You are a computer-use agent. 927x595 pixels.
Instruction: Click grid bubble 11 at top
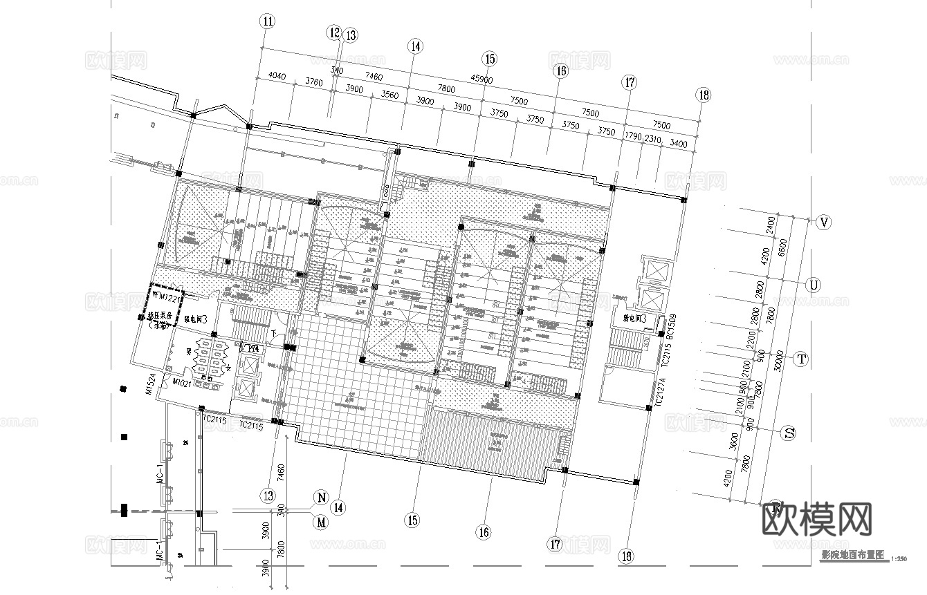pos(268,21)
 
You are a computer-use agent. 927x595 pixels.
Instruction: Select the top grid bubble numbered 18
pos(704,95)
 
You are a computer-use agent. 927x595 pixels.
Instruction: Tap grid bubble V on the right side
pos(823,223)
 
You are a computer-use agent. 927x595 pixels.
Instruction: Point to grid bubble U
pos(814,285)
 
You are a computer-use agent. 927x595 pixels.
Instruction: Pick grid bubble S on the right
pos(788,434)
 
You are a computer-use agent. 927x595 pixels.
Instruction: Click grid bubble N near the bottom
pos(321,497)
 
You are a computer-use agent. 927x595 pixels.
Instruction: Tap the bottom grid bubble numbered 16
pos(483,532)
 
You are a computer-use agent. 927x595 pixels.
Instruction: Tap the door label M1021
pos(182,382)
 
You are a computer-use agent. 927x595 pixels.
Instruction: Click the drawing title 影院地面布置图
pos(853,556)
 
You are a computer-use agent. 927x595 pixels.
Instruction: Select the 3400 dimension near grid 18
pos(679,144)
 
